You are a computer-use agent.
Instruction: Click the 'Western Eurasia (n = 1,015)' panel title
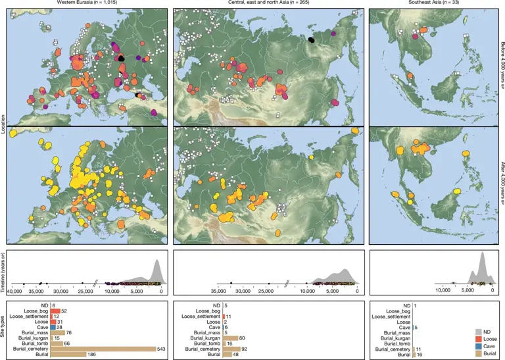86,3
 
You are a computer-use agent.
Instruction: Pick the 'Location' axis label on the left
3,125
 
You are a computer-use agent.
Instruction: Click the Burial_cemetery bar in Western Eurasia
103,349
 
